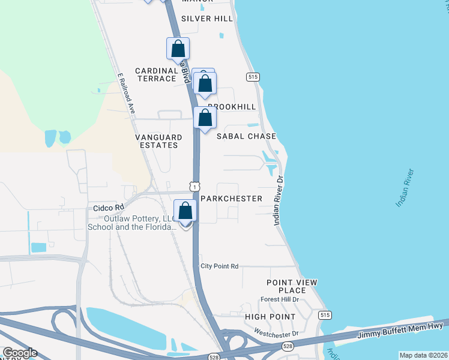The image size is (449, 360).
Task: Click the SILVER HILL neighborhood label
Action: pyautogui.click(x=207, y=19)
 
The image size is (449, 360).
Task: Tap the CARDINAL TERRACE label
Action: pyautogui.click(x=157, y=74)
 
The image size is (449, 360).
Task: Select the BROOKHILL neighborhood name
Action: pyautogui.click(x=232, y=107)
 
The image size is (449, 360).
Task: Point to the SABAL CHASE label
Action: pyautogui.click(x=247, y=136)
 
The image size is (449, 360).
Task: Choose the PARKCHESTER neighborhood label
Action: pyautogui.click(x=231, y=199)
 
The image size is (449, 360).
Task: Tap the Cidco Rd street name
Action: pyautogui.click(x=108, y=208)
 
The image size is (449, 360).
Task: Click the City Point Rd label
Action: pyautogui.click(x=220, y=266)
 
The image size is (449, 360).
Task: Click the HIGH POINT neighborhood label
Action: pyautogui.click(x=270, y=316)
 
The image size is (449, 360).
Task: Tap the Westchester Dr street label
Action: pyautogui.click(x=276, y=332)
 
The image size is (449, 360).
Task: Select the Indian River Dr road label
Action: pyautogui.click(x=278, y=200)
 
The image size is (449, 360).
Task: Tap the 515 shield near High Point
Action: pyautogui.click(x=325, y=315)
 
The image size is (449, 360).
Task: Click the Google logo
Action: pyautogui.click(x=20, y=352)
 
